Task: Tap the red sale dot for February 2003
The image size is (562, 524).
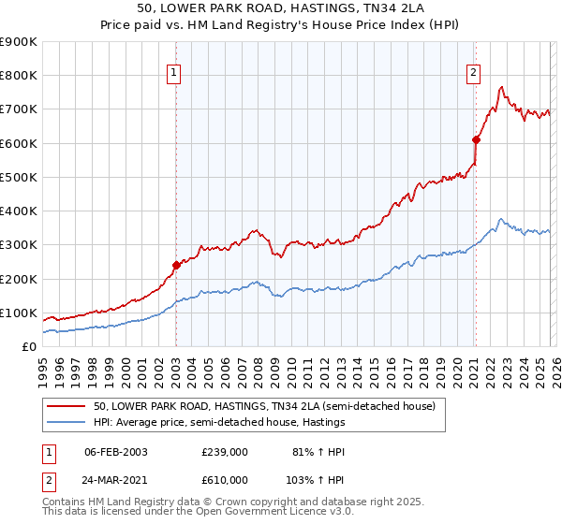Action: (x=176, y=266)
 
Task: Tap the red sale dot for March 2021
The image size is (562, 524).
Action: (x=476, y=140)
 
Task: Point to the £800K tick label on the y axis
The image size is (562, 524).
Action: (x=19, y=76)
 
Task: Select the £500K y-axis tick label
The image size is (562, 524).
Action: (x=19, y=177)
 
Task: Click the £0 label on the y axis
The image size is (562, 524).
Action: (x=28, y=346)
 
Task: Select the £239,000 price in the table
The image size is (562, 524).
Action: (x=224, y=451)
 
